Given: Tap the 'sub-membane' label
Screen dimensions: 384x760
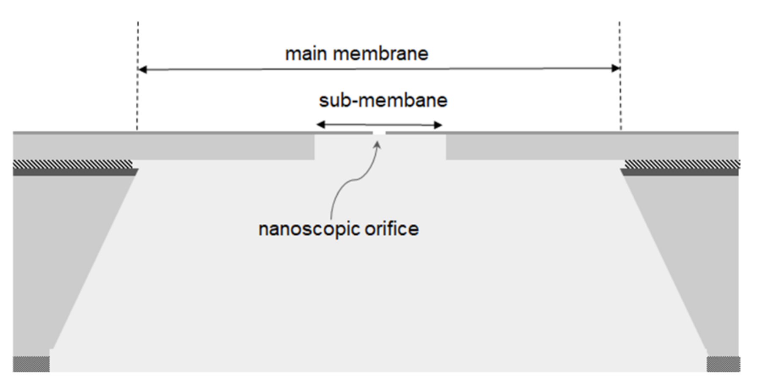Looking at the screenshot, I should tap(383, 101).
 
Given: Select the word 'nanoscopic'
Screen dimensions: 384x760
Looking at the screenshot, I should tap(308, 229).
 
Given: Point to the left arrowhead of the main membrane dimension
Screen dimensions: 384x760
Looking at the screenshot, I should tap(143, 69).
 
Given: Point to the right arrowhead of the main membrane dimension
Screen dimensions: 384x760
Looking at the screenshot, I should tap(616, 68).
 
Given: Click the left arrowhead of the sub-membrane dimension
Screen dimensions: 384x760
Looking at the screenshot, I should tap(321, 124).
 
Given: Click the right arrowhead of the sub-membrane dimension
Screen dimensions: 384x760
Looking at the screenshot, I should tap(438, 125).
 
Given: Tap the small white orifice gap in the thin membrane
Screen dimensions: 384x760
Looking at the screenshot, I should tap(379, 133).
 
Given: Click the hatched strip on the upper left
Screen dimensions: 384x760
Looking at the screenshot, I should tap(72, 164).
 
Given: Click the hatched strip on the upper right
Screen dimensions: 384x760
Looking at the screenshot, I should tap(682, 164).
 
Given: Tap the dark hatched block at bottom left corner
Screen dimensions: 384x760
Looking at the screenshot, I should tap(31, 364).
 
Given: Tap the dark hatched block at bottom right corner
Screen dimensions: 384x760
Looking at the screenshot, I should tap(723, 364).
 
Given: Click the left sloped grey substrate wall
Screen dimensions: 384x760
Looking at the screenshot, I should tap(55, 254).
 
